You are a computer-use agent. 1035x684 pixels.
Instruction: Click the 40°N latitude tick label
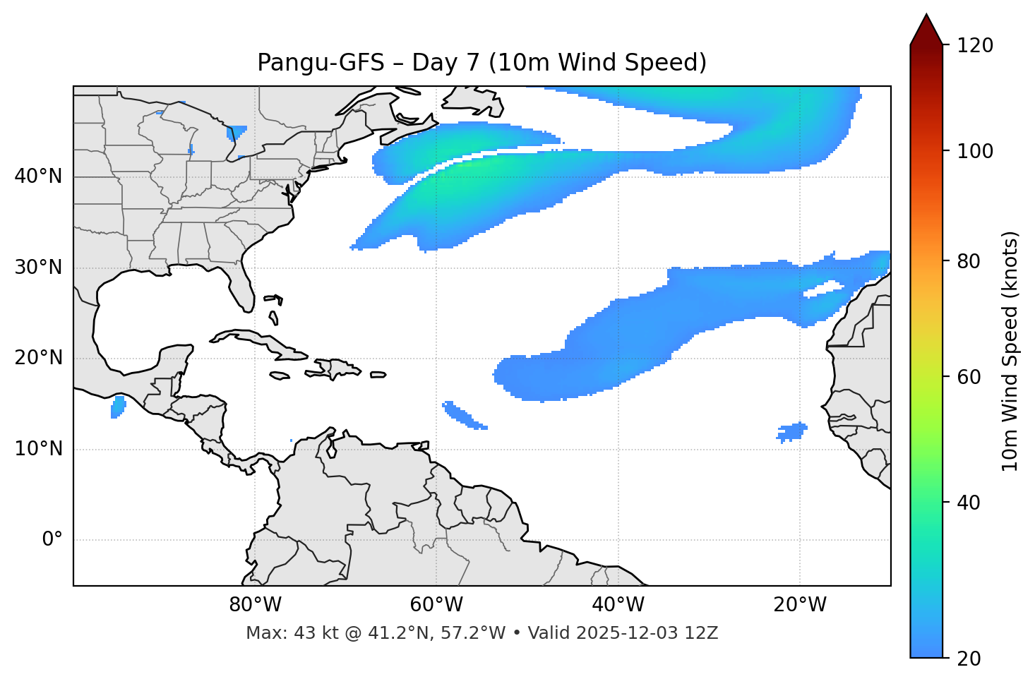[x=38, y=176]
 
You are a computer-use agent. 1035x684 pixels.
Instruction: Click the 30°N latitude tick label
[x=38, y=268]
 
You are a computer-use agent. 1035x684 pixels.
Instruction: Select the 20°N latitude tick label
[x=38, y=358]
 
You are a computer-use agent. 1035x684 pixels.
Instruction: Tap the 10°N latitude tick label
[x=38, y=449]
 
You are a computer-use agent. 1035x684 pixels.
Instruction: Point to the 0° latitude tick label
[x=52, y=540]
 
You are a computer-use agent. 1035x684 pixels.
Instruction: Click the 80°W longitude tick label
[x=255, y=605]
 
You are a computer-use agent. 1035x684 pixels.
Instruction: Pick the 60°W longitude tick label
[x=436, y=605]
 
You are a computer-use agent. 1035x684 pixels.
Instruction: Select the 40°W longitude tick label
[x=618, y=605]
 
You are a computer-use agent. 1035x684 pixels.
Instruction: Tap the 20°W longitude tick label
[x=799, y=605]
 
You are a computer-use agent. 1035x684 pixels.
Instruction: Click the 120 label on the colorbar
[x=975, y=46]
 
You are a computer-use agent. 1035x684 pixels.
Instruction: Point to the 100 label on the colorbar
[x=975, y=151]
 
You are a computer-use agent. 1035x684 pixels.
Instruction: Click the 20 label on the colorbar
[x=969, y=659]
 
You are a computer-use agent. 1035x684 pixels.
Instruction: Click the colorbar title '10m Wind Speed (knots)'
[x=1010, y=351]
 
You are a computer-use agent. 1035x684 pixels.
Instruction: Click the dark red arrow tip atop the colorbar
[x=926, y=27]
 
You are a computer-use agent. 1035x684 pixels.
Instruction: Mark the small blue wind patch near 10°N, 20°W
[x=791, y=431]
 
